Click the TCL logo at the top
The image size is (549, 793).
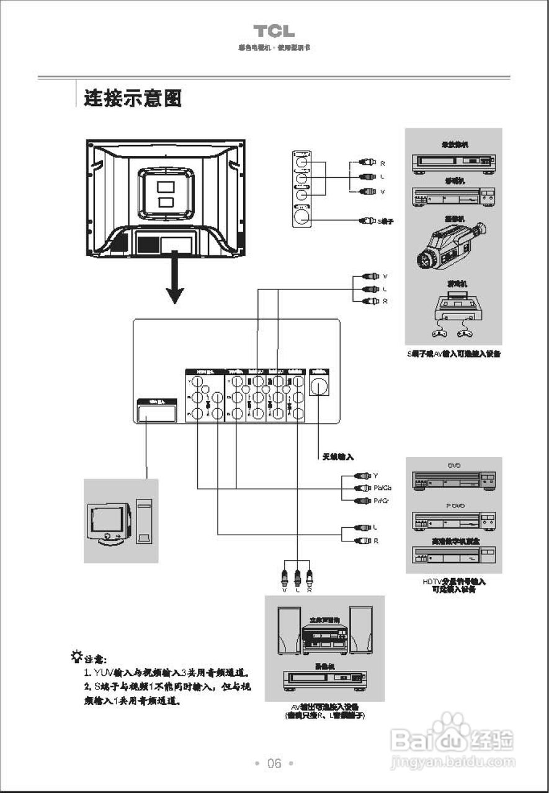click(x=274, y=32)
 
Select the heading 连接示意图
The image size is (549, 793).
click(x=133, y=98)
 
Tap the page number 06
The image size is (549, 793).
click(x=274, y=763)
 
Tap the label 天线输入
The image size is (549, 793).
click(x=337, y=457)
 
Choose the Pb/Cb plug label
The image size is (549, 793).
click(x=382, y=488)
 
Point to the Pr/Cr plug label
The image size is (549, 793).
click(x=382, y=501)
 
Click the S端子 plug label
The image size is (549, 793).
click(x=386, y=221)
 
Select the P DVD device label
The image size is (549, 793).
click(x=455, y=506)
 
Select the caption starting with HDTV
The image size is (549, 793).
click(x=454, y=586)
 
